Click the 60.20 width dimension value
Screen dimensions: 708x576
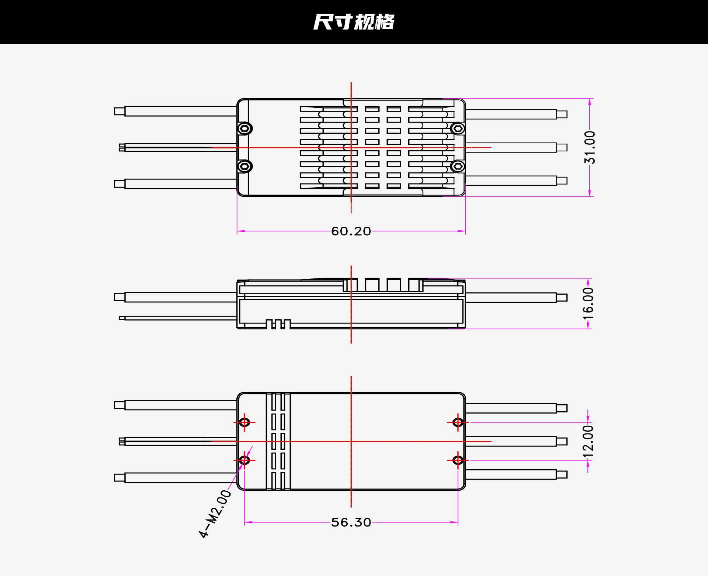pos(351,231)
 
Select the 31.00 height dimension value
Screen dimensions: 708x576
pos(589,147)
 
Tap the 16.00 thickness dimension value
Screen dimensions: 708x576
pos(589,304)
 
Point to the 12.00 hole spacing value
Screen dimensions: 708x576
pos(589,441)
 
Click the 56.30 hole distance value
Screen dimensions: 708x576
pos(351,522)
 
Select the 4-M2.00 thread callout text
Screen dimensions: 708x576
pos(215,514)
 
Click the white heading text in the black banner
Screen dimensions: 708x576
pos(354,22)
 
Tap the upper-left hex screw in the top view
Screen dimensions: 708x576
pos(244,128)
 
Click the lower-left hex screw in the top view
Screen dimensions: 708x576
pos(244,166)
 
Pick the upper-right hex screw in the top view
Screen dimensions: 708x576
pos(458,128)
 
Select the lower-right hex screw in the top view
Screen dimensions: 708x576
pos(458,166)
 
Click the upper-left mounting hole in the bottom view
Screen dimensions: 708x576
pos(244,422)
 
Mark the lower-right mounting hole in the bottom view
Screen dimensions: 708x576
pos(458,460)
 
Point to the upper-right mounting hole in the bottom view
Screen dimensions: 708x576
pos(458,422)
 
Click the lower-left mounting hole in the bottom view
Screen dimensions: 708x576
pos(244,460)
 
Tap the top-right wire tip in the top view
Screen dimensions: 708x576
pos(562,114)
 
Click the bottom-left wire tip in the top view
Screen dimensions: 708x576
pos(119,184)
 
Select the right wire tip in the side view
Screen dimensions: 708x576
pos(562,298)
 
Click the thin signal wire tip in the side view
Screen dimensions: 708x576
pos(122,318)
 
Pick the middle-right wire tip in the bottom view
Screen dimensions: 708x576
pos(562,442)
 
